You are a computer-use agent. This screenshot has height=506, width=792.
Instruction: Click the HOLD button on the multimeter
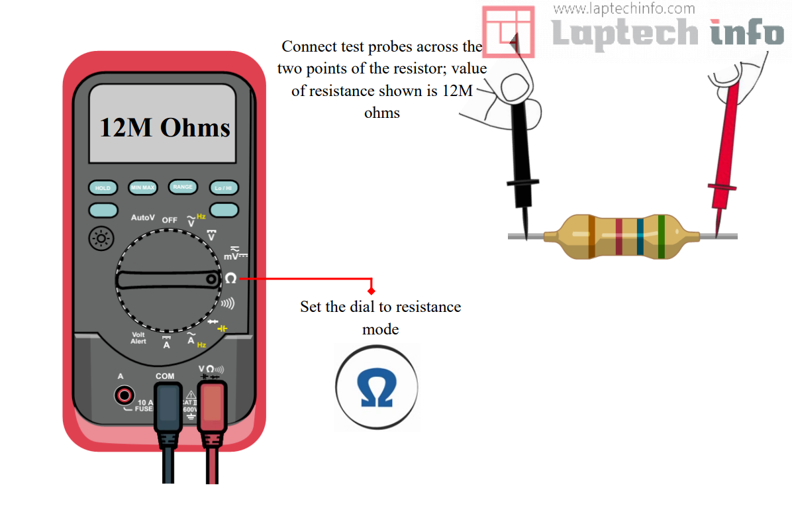click(103, 188)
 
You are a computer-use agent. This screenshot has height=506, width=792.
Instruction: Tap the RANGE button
click(183, 187)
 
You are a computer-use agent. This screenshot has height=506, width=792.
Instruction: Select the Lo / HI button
click(224, 188)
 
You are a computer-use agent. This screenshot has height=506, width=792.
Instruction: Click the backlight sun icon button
click(101, 238)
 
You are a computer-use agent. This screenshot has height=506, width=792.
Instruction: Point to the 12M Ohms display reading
click(164, 127)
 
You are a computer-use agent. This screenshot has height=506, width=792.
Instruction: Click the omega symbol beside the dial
click(230, 279)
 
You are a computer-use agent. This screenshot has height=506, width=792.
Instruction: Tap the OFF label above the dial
click(170, 220)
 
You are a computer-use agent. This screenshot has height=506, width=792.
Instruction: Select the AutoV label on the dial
click(142, 217)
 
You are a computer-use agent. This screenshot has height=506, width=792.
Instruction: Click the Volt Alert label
click(138, 338)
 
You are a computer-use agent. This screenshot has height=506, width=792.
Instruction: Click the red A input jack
click(123, 396)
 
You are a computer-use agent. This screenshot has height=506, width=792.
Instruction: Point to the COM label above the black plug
click(165, 376)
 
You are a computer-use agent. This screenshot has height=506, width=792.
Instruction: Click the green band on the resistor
click(661, 236)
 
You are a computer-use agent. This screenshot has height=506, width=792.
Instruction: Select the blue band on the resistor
click(640, 236)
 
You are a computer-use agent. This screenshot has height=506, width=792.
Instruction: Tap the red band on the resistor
click(619, 236)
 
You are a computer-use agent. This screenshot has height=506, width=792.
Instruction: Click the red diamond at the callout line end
click(371, 291)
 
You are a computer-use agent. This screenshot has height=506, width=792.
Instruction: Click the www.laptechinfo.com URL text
click(624, 9)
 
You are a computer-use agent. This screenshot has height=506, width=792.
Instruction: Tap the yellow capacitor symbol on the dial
click(223, 329)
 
